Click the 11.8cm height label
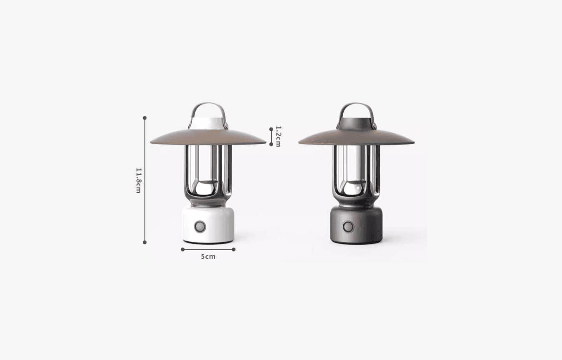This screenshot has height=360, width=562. (x=139, y=180)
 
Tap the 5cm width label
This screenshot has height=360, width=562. (x=208, y=257)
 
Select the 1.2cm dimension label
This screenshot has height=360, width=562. (x=278, y=136)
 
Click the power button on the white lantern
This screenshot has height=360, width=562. (x=200, y=227)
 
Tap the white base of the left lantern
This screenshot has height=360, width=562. (x=208, y=225)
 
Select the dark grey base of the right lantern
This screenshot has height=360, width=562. (x=357, y=225)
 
